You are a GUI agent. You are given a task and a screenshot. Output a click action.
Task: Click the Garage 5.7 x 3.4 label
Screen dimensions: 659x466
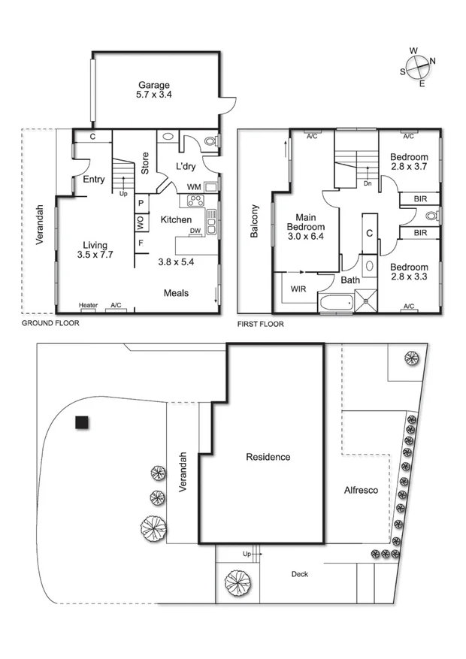[x=153, y=90]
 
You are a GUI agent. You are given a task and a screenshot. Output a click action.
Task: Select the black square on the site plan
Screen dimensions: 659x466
[x=81, y=422]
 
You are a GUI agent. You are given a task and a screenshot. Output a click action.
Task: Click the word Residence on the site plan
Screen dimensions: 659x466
[x=268, y=457]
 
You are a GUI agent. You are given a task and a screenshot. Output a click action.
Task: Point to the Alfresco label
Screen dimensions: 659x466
[x=360, y=490]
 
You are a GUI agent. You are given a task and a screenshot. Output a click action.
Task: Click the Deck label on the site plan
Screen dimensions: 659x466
[x=299, y=574]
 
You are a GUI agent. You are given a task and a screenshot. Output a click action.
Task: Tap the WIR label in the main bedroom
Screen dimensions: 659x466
[x=298, y=288]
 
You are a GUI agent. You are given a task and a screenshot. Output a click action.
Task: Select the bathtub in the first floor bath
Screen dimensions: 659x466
[x=334, y=304]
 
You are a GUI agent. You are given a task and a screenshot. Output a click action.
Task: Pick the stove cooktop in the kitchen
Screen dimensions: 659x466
[x=195, y=201]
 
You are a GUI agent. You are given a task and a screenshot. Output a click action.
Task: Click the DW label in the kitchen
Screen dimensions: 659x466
[x=195, y=231]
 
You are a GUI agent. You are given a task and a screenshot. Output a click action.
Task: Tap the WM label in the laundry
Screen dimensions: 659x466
[x=193, y=186]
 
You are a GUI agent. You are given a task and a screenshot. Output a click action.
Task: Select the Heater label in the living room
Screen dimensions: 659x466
[x=89, y=305]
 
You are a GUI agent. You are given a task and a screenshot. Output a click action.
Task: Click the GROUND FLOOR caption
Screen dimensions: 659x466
[x=50, y=323]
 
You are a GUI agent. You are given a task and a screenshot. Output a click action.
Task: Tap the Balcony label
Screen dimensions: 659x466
[x=254, y=222]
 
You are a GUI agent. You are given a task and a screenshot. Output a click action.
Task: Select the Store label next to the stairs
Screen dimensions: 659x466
[x=145, y=163]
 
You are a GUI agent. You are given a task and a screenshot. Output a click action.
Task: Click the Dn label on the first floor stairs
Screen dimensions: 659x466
[x=367, y=183]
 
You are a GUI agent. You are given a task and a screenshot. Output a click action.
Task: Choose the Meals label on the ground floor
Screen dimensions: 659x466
[x=176, y=293]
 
